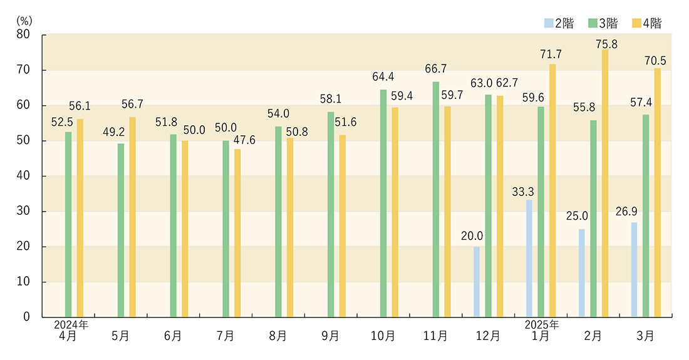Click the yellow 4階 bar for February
pos(605,183)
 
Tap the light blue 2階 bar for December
pos(477,282)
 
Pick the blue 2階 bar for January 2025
pos(529,258)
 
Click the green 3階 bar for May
pos(121,230)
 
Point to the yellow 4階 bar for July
pos(237,233)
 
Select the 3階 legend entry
pos(603,24)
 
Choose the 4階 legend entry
pos(647,24)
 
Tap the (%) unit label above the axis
pos(23,19)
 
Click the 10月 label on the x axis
pos(383,336)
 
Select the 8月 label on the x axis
pos(278,336)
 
